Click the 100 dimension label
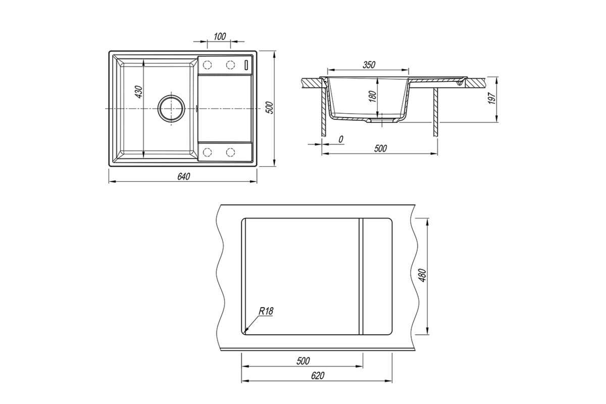tap(219, 36)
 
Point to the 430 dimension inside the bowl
tap(138, 92)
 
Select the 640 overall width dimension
tap(184, 176)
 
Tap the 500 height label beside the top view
tap(271, 108)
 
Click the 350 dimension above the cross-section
tap(369, 65)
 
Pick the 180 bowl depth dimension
tap(373, 96)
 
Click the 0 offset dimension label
tap(340, 139)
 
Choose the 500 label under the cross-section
tap(380, 148)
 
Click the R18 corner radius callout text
tap(266, 311)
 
